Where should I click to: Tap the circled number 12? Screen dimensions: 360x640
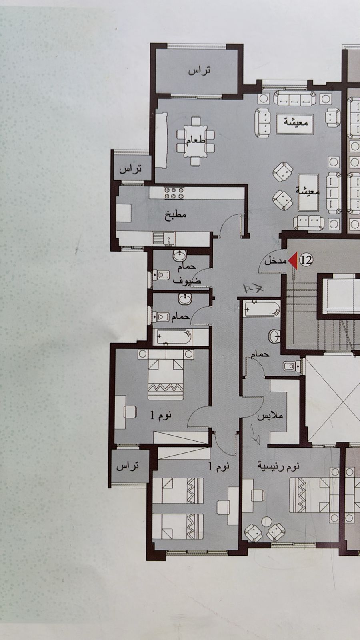coord(306,260)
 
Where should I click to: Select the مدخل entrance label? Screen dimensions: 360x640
coord(276,261)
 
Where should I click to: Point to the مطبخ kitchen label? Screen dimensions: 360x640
coord(175,214)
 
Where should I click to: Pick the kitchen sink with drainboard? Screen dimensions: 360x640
coord(164,239)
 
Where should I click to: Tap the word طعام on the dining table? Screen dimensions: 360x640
coord(196,141)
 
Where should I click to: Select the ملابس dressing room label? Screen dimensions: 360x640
coord(270,416)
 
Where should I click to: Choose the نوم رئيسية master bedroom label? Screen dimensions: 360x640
coord(278,466)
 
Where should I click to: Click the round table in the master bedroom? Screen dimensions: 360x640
coord(267,521)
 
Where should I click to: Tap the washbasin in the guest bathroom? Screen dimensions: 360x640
coord(180,256)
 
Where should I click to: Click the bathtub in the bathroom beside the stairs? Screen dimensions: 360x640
coord(262,308)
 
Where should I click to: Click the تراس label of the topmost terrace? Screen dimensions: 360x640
coord(199,70)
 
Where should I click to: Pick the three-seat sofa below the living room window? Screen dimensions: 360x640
coord(295,98)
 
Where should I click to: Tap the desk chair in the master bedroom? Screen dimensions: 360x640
coord(258,495)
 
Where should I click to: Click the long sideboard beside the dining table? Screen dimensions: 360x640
coord(161,140)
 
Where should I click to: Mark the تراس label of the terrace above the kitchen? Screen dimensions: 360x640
coord(130,169)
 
